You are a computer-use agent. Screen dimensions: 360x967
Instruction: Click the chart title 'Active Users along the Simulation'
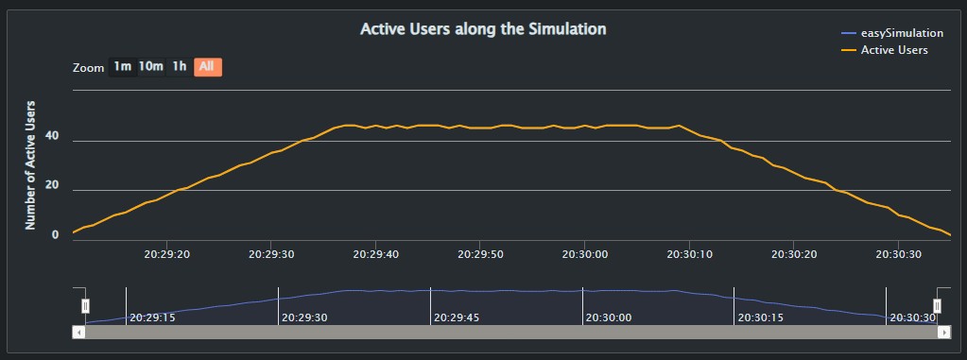[483, 29]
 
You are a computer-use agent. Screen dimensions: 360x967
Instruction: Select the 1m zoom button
[122, 66]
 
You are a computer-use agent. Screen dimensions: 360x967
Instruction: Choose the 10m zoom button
[151, 66]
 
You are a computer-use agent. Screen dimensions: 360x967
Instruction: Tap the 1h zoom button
[179, 66]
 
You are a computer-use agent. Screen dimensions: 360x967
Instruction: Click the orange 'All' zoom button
[207, 66]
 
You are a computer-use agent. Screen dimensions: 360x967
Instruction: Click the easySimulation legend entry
[893, 33]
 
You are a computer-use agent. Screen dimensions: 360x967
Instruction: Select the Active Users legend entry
[893, 49]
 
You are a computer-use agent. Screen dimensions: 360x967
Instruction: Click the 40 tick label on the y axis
[52, 135]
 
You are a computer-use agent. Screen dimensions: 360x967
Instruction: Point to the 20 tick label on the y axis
[52, 184]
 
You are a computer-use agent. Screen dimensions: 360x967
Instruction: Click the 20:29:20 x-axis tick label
[167, 254]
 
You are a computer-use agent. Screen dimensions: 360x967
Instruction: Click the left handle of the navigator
[85, 306]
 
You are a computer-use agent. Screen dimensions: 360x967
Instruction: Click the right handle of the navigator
[938, 306]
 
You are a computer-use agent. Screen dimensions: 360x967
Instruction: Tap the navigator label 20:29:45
[458, 317]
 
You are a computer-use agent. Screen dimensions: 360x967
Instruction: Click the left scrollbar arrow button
[78, 332]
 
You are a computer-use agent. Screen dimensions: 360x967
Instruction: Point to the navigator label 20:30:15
[762, 317]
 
